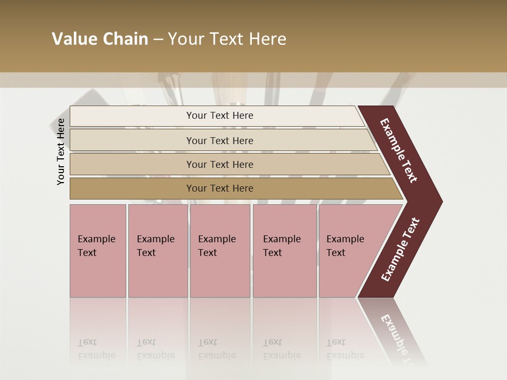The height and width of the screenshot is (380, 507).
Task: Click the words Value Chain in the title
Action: [100, 39]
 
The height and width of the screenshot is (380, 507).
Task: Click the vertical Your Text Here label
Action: [61, 151]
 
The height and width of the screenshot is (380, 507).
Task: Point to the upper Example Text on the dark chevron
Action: [398, 150]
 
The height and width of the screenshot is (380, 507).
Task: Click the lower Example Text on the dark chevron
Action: [400, 250]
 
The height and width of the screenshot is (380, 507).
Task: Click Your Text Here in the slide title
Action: [227, 39]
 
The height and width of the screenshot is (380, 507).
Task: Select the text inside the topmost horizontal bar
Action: [220, 116]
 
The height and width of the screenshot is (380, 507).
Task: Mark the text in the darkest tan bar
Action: [220, 188]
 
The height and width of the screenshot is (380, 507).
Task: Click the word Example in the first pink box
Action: [96, 239]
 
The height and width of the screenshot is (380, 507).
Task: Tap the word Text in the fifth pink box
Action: [336, 253]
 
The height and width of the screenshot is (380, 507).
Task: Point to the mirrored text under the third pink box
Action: [217, 349]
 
